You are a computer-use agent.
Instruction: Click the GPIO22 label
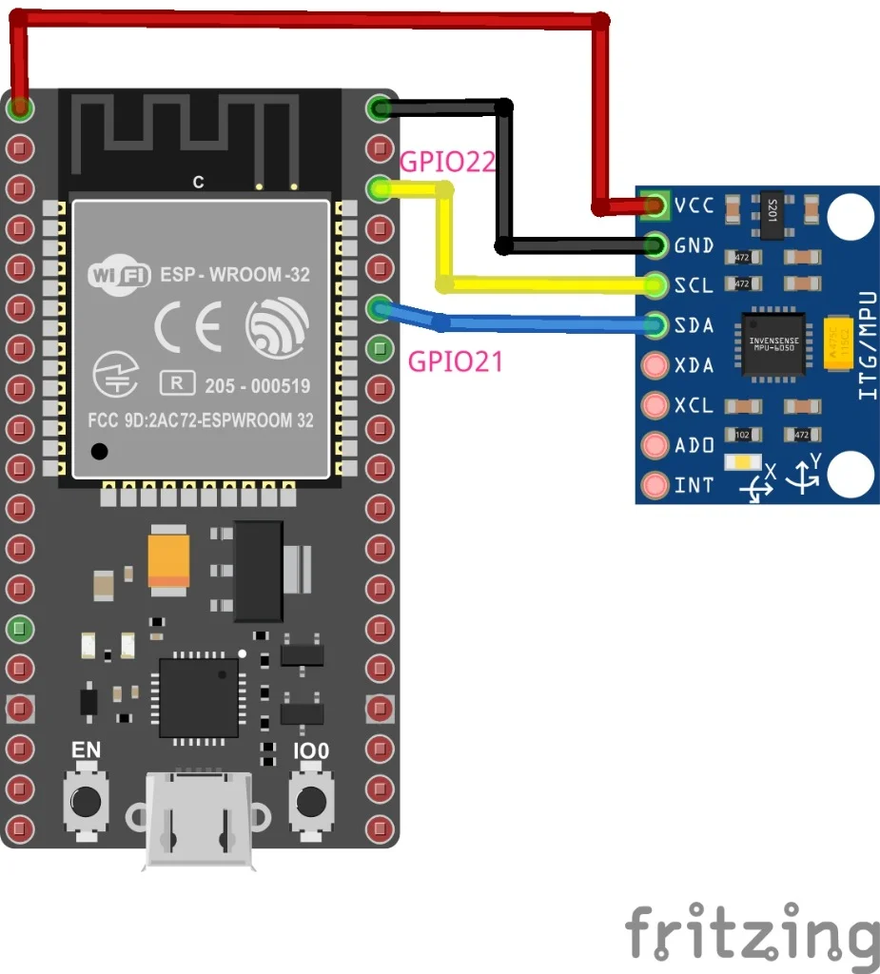pos(448,162)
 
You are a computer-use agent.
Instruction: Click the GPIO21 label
pos(455,360)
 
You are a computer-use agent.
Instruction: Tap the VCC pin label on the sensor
pos(694,205)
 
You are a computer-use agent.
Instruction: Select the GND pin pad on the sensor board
pos(655,245)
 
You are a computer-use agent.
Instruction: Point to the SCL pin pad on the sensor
pos(655,284)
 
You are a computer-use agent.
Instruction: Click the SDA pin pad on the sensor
pos(655,325)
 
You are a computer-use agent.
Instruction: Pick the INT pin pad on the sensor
pos(655,485)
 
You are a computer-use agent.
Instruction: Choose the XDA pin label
pos(694,365)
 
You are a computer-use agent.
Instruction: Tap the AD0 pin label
pos(694,445)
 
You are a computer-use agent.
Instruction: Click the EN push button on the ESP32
pos(86,800)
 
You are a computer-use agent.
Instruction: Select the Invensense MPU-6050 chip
pos(772,344)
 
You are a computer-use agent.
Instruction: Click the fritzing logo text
pos(752,934)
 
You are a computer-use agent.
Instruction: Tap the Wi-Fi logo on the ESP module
pos(119,275)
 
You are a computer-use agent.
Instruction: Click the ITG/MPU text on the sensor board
pos(867,344)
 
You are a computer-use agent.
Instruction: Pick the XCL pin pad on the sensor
pos(655,405)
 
